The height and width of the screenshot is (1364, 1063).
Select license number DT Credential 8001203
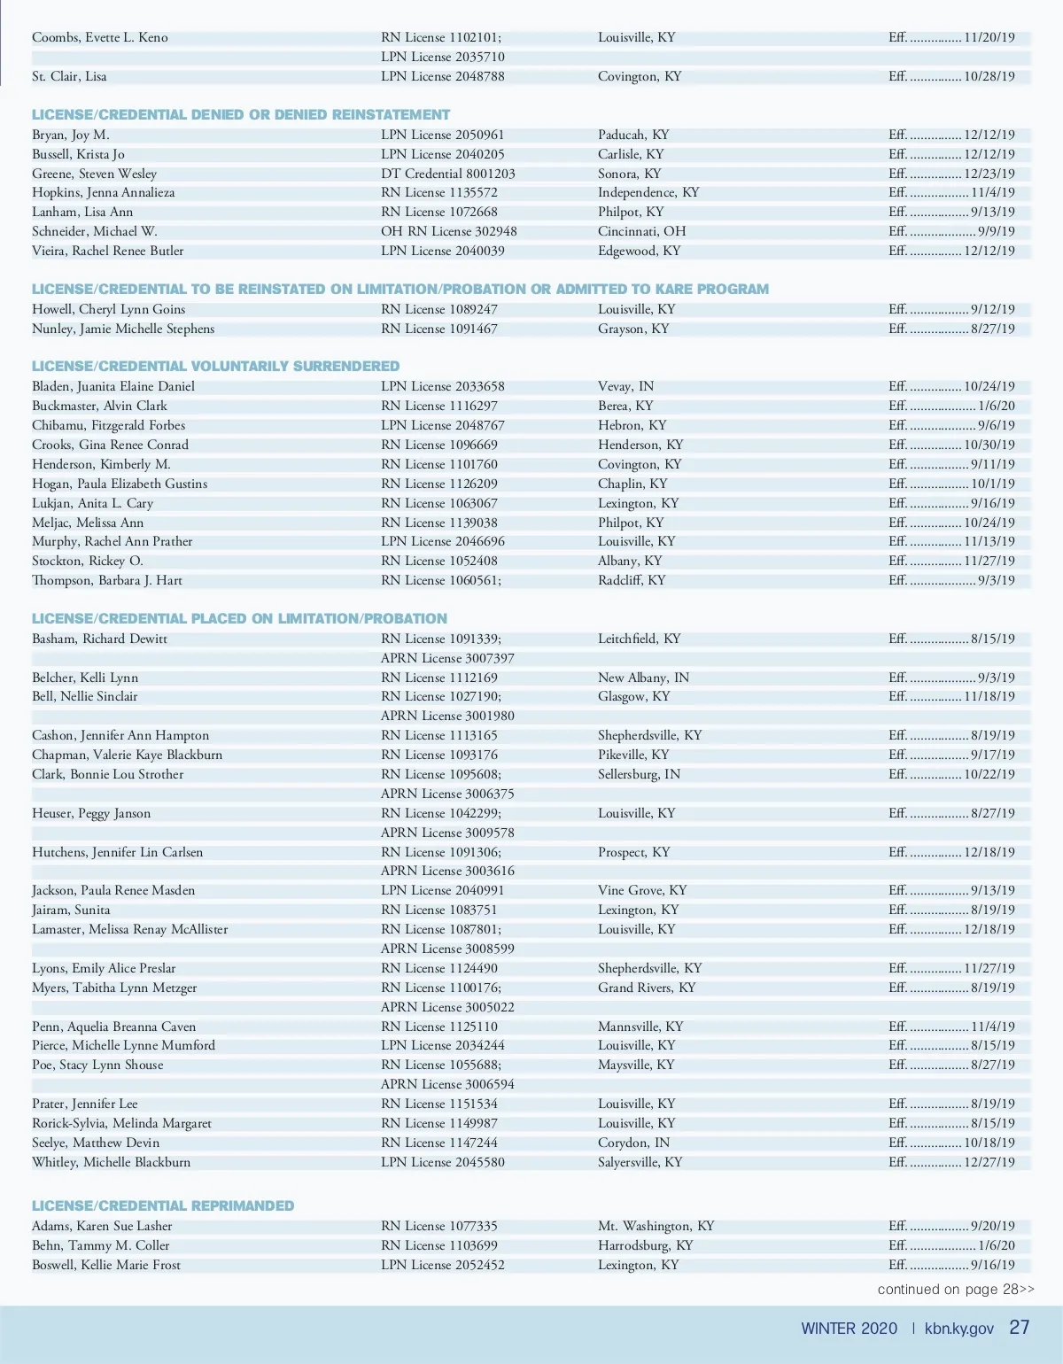point(447,174)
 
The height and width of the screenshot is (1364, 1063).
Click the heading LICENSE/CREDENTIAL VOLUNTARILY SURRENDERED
point(215,366)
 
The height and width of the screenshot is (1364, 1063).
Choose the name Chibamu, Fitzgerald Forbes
point(108,425)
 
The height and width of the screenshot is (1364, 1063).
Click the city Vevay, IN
point(625,386)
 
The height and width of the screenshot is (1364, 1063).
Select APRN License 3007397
point(447,658)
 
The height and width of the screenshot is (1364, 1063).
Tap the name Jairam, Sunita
point(71,910)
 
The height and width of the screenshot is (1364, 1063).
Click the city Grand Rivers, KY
point(647,988)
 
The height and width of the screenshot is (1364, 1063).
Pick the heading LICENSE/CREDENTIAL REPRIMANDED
point(163,1205)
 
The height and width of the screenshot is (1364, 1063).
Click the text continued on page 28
point(955,1290)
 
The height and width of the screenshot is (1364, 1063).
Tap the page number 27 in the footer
point(1020,1328)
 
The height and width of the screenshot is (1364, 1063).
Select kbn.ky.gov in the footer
point(958,1329)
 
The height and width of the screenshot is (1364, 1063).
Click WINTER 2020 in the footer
point(849,1329)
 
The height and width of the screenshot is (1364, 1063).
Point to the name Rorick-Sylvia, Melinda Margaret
point(121,1123)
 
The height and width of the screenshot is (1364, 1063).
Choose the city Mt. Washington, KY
point(656,1226)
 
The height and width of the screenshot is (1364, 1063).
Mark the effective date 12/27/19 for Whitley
point(989,1162)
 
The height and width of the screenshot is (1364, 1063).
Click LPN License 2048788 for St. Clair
point(442,76)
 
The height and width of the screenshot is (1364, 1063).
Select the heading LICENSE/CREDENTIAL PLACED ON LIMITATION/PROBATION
point(239,618)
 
